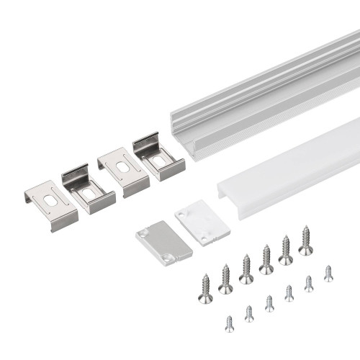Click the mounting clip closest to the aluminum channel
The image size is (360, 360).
coord(158,156)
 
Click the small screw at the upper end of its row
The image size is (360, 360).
coord(328,273)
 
